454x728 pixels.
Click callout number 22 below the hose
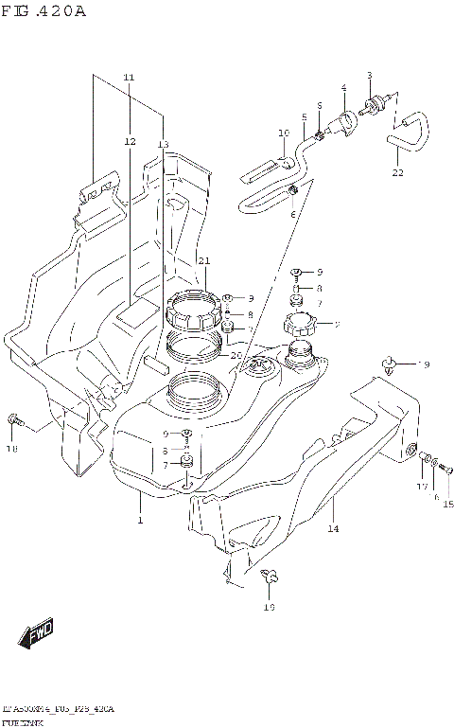coord(398,173)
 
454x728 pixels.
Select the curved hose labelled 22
coord(408,132)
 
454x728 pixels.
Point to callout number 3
coord(370,75)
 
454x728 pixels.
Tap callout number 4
coord(343,88)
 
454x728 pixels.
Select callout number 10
coord(283,133)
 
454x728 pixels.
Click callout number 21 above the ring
coord(202,260)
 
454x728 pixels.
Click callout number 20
coord(237,355)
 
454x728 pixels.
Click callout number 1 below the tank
coord(139,521)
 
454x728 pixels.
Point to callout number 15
coord(448,504)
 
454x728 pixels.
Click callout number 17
coord(422,487)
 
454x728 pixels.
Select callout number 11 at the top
coord(130,77)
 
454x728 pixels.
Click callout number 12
coord(130,141)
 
